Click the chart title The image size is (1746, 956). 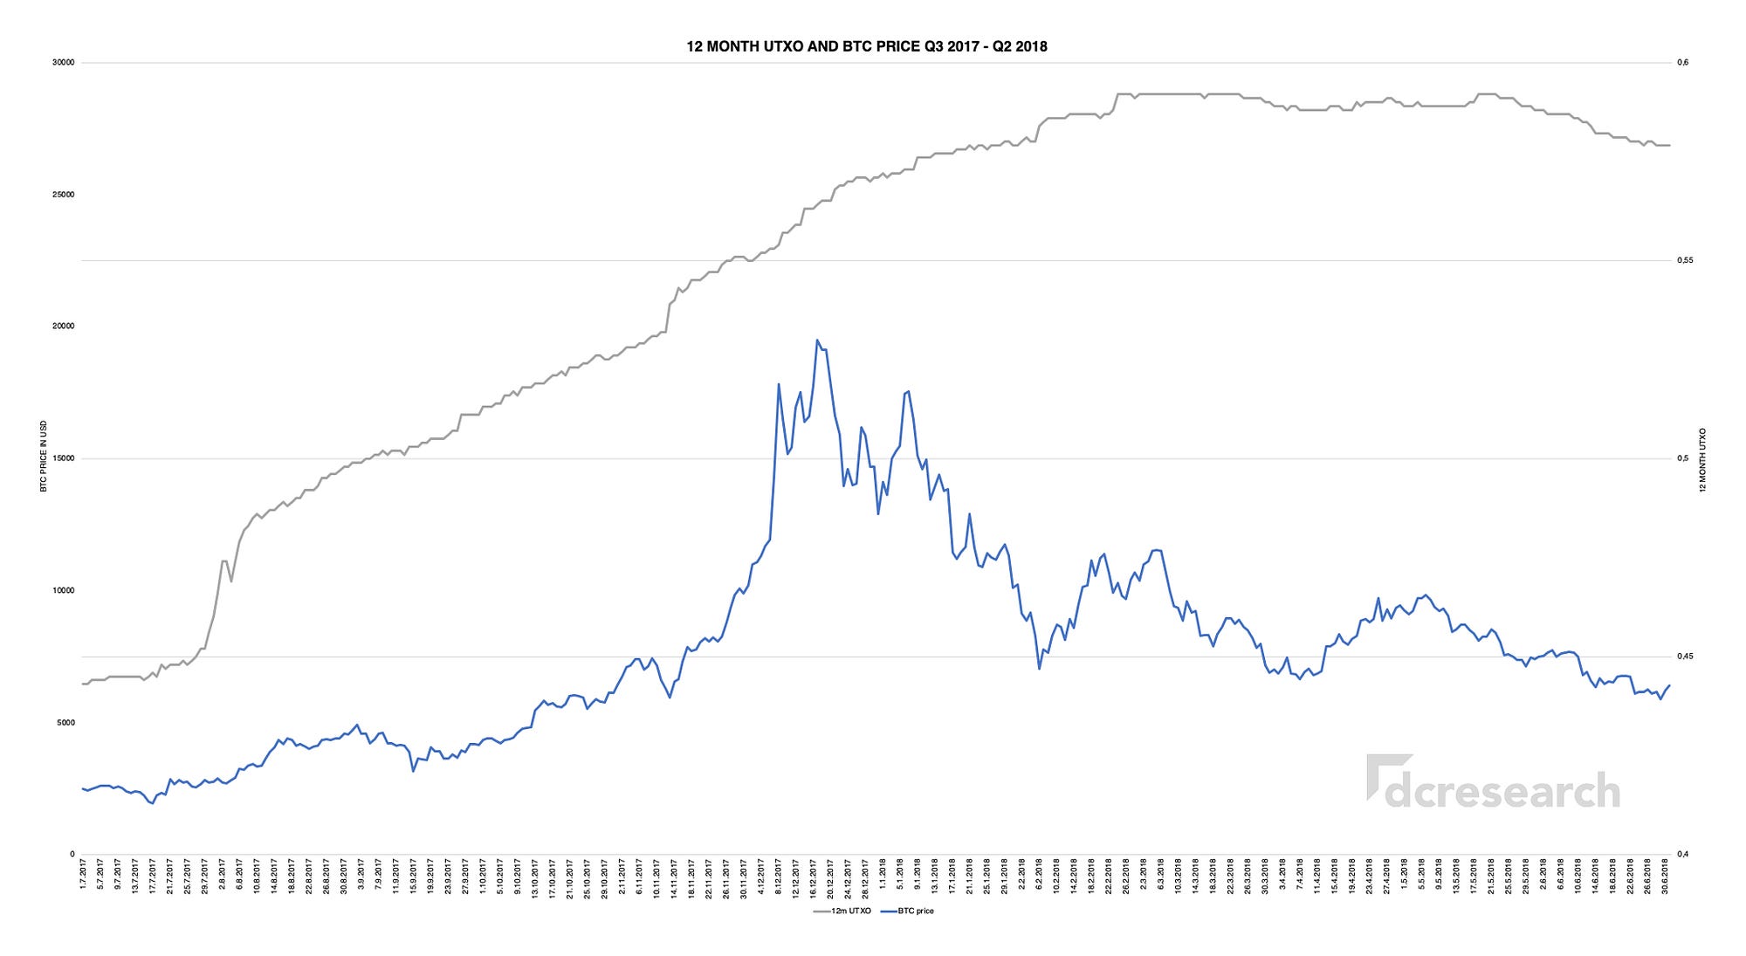point(866,46)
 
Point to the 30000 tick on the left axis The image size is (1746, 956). point(64,63)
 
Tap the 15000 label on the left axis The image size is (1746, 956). point(64,458)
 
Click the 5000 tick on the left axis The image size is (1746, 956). point(65,723)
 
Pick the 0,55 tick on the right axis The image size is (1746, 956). point(1684,260)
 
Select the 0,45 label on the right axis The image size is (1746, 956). point(1684,657)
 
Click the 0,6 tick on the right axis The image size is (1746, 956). point(1682,63)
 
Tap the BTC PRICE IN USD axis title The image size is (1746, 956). point(44,456)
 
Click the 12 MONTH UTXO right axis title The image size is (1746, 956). point(1702,460)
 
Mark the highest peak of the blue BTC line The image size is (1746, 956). point(817,340)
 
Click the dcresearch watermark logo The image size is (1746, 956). point(1494,782)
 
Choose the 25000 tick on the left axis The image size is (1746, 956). point(64,195)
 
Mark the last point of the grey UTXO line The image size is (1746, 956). point(1669,145)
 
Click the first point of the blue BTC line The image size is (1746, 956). point(83,788)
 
